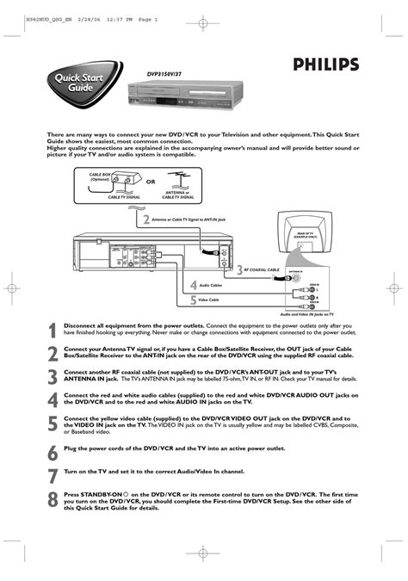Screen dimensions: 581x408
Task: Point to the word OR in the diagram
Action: pos(150,182)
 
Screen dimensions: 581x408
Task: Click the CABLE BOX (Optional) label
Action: pos(102,176)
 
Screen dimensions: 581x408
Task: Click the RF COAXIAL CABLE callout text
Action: pos(263,269)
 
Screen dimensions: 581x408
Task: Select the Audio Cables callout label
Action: pos(211,284)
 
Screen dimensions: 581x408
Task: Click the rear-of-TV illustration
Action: pos(305,234)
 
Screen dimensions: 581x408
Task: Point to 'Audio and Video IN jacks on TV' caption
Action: pos(305,316)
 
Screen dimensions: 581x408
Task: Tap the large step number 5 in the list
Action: pos(53,423)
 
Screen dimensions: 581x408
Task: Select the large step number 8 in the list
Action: pos(53,499)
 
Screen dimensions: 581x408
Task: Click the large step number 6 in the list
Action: pos(53,451)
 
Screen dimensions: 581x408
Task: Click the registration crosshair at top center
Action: pos(201,28)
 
